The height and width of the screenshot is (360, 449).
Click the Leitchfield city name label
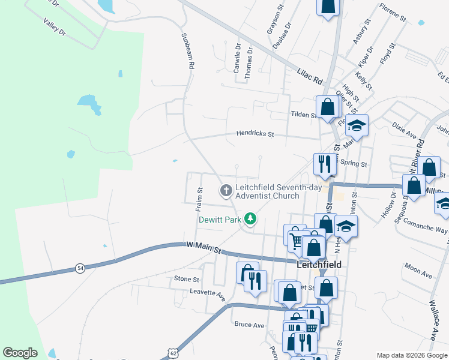tap(319, 264)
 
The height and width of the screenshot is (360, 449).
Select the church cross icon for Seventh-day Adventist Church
tap(226, 191)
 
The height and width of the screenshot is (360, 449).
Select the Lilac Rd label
tap(310, 76)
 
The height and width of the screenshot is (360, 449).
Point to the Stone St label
tap(186, 279)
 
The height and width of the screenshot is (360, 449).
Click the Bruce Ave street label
tap(250, 325)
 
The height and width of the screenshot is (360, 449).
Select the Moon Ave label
tap(418, 271)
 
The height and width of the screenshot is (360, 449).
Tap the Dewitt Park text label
tap(220, 220)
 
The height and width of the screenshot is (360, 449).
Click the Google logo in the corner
tap(20, 353)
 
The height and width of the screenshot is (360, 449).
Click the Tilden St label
tap(303, 115)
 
